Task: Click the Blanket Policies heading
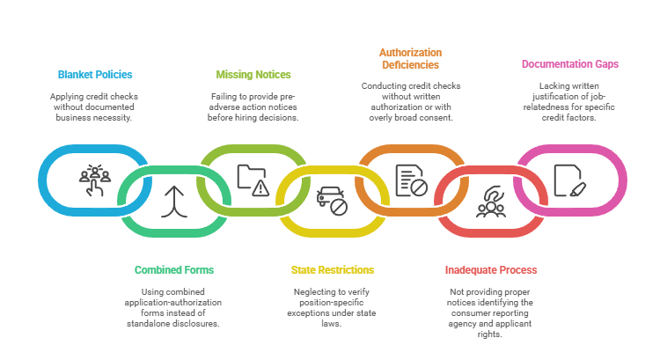coord(95,75)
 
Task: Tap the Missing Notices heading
coord(253,75)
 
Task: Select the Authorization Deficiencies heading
coord(410,59)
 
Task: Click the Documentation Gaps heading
coord(569,64)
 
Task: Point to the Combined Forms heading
coord(174,269)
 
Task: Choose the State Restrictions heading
coord(332,269)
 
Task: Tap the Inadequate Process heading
coord(490,269)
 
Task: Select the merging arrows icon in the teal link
coord(173,202)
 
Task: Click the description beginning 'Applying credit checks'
coord(95,107)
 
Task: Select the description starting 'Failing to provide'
coord(253,107)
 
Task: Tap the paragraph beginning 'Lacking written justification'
coord(569,101)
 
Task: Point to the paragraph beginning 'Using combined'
coord(174,307)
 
